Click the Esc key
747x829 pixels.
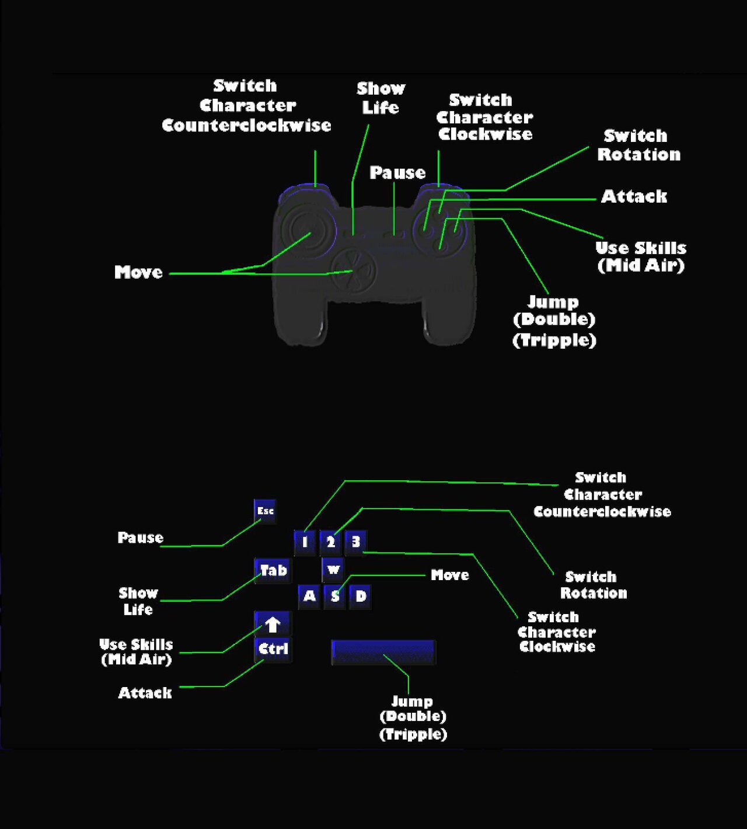(x=265, y=511)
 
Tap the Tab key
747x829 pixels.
(x=273, y=570)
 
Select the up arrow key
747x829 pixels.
(x=273, y=624)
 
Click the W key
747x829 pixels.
(x=333, y=570)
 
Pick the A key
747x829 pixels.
(x=309, y=596)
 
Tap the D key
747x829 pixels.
(x=361, y=596)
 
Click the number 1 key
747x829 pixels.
(x=305, y=542)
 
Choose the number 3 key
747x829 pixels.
(x=355, y=542)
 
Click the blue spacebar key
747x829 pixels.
(x=383, y=652)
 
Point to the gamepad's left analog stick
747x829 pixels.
(x=306, y=230)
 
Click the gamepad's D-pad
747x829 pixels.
(x=353, y=270)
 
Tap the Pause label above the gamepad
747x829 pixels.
(x=397, y=173)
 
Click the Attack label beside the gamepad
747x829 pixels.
(x=634, y=197)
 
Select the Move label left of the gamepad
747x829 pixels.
(x=139, y=272)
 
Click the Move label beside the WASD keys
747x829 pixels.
(x=450, y=575)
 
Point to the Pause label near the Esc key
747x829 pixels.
(x=141, y=537)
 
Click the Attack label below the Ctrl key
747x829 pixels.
(x=145, y=693)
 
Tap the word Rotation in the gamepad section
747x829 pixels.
(x=639, y=155)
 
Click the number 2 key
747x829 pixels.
(x=330, y=542)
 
